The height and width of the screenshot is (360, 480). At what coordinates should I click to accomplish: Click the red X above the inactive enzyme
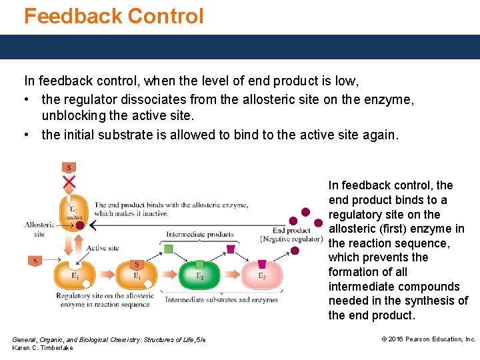click(69, 181)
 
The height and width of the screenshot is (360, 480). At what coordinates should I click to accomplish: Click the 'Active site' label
click(103, 248)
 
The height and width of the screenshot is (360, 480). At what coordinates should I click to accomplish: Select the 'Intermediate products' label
click(200, 234)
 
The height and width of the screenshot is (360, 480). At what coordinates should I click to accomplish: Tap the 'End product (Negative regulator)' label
click(282, 235)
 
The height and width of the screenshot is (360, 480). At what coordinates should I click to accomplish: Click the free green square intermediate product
click(169, 249)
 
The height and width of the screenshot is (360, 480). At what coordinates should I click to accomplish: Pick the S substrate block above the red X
click(69, 167)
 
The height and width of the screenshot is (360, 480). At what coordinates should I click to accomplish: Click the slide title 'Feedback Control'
click(114, 16)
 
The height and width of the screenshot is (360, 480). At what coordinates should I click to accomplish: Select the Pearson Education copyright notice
click(428, 339)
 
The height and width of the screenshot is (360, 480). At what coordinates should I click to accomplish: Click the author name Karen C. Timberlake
click(43, 348)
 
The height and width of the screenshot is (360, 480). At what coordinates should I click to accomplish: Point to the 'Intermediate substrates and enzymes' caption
click(221, 300)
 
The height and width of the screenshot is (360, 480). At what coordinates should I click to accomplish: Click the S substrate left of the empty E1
click(34, 261)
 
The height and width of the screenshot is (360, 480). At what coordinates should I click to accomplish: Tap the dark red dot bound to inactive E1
click(80, 225)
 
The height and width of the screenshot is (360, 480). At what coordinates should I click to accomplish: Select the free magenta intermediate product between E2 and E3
click(231, 249)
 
